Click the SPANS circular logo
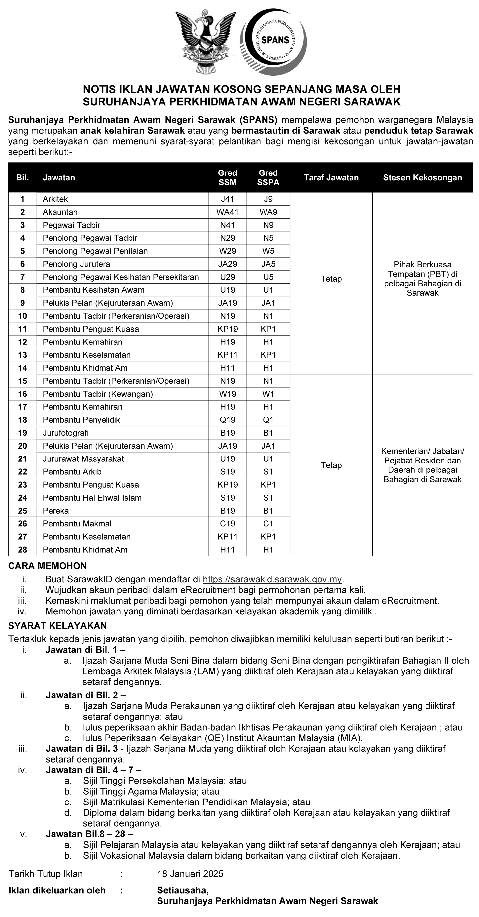tap(273, 42)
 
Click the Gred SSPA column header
tap(268, 178)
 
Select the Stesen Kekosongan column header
tap(423, 178)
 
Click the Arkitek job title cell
tap(55, 199)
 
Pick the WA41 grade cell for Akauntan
tap(227, 212)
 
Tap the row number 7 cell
tap(22, 277)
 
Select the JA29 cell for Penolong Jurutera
tap(227, 264)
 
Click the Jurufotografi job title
tap(65, 433)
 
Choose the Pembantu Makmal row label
tap(77, 524)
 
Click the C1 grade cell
tap(268, 524)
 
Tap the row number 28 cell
tap(22, 550)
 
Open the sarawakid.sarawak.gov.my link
tap(272, 579)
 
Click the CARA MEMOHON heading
tap(47, 566)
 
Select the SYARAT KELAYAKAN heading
tap(57, 626)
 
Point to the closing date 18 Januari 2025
tap(190, 874)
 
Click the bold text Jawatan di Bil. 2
tap(83, 695)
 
